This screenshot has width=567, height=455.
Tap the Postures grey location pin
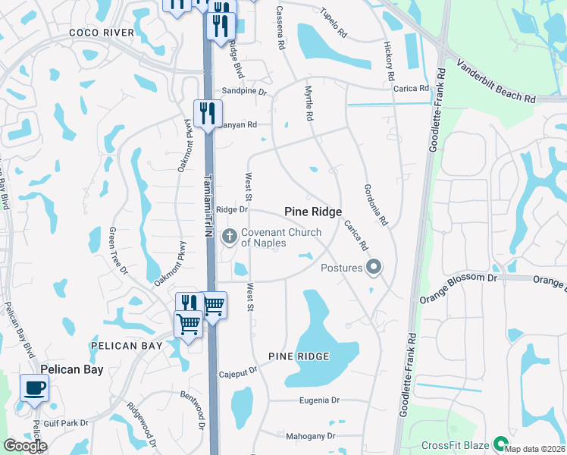[373, 267]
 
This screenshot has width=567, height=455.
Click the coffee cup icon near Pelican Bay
[34, 389]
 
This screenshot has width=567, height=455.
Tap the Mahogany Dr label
[310, 436]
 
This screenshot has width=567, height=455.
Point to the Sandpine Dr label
[244, 92]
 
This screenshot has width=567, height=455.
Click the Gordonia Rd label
[375, 206]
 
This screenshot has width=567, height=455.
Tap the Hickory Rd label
[390, 61]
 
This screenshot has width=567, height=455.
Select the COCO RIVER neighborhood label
[101, 33]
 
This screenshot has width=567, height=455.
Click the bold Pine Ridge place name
[313, 212]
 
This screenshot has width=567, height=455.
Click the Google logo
[25, 446]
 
